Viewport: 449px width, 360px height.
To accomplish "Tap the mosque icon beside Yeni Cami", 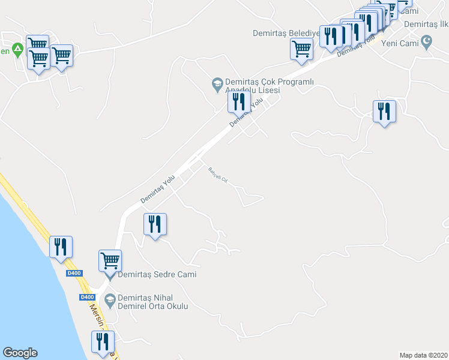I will (x=427, y=42).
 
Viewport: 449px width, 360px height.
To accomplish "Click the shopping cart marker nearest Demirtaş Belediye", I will (x=301, y=49).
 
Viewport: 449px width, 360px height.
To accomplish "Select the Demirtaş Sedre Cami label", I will (x=157, y=275).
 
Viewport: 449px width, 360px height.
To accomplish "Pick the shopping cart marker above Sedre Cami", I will (x=110, y=262).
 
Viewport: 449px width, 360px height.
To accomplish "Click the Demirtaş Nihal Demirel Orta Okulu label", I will (x=153, y=302).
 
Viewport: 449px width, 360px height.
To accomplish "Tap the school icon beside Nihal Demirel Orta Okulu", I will (x=109, y=299).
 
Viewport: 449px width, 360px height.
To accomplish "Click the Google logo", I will (x=20, y=353).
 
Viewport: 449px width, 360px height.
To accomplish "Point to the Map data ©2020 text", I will (x=423, y=355).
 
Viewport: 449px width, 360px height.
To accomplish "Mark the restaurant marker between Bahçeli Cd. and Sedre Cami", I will (x=155, y=224).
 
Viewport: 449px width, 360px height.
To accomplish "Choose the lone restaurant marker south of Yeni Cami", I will (x=384, y=112).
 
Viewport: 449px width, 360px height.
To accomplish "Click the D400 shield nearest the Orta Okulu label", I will (x=87, y=297).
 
